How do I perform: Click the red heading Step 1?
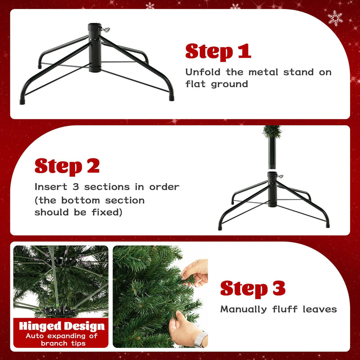tap(218, 52)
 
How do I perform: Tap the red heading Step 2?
tap(67, 166)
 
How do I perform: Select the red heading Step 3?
tap(252, 288)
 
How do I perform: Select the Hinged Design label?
tap(61, 326)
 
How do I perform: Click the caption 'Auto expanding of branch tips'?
tap(61, 339)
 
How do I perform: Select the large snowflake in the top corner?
tap(335, 18)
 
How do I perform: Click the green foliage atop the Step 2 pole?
tap(272, 131)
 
